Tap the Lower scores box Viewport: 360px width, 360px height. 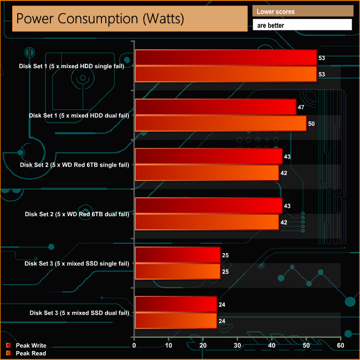[x=302, y=11]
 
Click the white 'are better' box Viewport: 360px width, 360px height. [x=302, y=25]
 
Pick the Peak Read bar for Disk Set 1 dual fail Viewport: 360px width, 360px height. [x=220, y=124]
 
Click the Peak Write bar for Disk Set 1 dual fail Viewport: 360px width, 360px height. [x=215, y=107]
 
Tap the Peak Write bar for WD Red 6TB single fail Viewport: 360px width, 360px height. [x=208, y=157]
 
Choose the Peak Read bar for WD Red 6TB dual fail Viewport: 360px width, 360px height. [x=207, y=222]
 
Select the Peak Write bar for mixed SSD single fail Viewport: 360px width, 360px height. [x=177, y=255]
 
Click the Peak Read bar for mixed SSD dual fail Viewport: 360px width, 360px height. [x=176, y=321]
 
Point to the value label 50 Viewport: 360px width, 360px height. [x=311, y=124]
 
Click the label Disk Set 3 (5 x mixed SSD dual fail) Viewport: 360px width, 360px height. [x=79, y=313]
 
